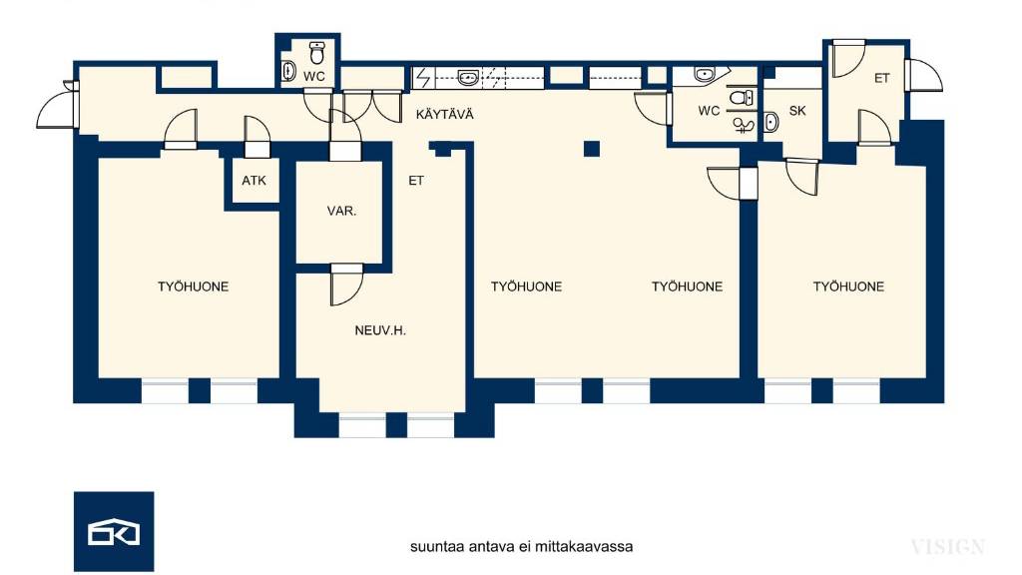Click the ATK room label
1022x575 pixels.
pyautogui.click(x=253, y=182)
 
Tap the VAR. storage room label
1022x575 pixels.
pyautogui.click(x=342, y=212)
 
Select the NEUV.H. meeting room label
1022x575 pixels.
pyautogui.click(x=380, y=330)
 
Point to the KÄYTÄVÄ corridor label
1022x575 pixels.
pyautogui.click(x=444, y=115)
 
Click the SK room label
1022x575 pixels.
pyautogui.click(x=797, y=111)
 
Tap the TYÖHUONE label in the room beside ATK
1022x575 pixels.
pyautogui.click(x=193, y=287)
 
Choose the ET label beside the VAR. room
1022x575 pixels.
pyautogui.click(x=416, y=182)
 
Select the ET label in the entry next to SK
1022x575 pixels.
pyautogui.click(x=881, y=78)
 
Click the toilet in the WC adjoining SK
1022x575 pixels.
pyautogui.click(x=741, y=97)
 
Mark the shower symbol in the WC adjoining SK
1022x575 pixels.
pyautogui.click(x=742, y=124)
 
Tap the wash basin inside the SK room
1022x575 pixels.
pyautogui.click(x=770, y=123)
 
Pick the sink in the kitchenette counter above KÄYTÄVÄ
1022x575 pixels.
pyautogui.click(x=467, y=76)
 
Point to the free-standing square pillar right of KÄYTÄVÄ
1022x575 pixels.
pyautogui.click(x=592, y=149)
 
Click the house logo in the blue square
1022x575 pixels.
pyautogui.click(x=114, y=531)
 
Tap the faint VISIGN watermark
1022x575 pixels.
pyautogui.click(x=947, y=546)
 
